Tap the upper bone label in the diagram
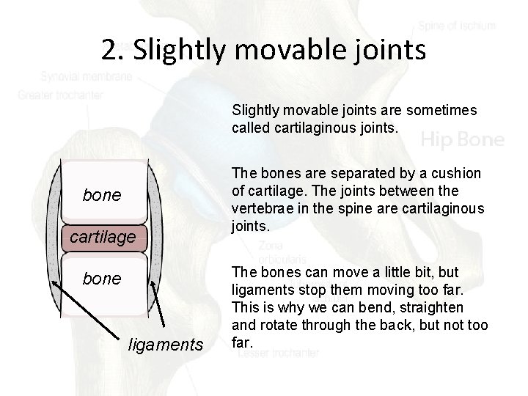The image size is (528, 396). [103, 196]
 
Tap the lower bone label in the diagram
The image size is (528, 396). [103, 279]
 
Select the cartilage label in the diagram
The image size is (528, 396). [103, 237]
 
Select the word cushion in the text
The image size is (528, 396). [458, 172]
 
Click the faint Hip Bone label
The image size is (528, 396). [462, 139]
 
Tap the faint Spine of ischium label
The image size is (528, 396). [458, 26]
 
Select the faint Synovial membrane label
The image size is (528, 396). [87, 76]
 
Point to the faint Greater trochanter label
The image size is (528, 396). [62, 94]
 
